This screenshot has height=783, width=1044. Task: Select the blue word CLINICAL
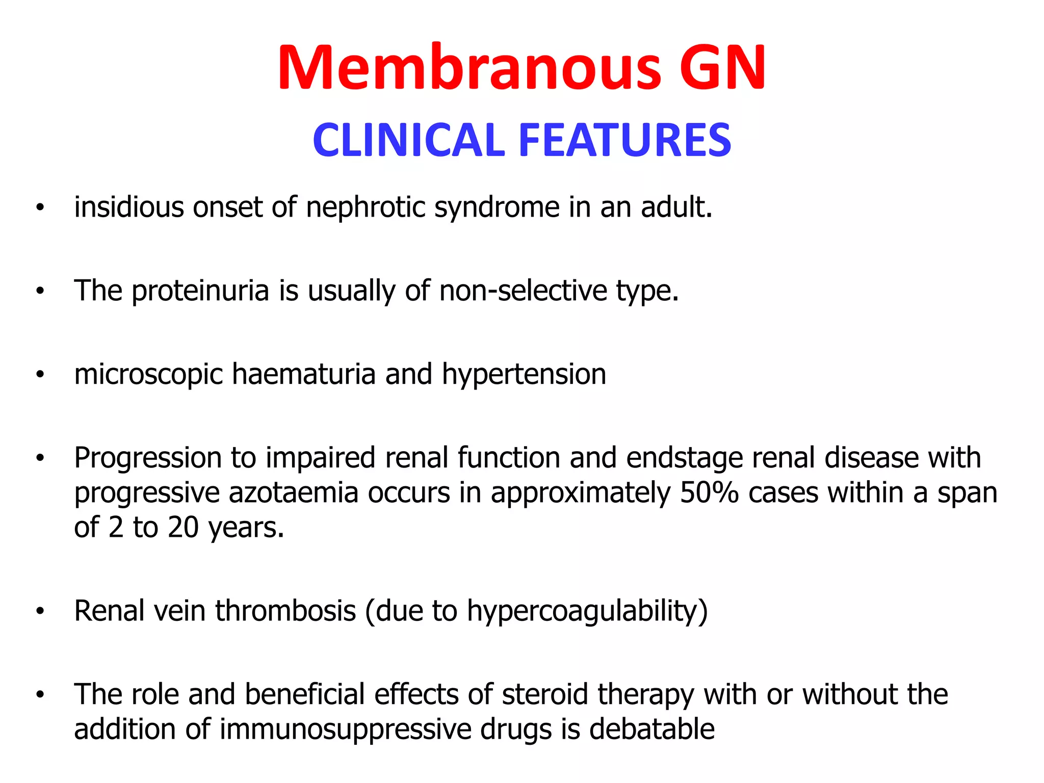click(408, 140)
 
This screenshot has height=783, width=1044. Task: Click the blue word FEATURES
click(625, 140)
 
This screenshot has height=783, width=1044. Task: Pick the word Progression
click(148, 458)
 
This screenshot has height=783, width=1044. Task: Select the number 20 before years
click(183, 527)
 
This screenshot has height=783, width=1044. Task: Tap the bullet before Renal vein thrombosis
click(40, 611)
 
